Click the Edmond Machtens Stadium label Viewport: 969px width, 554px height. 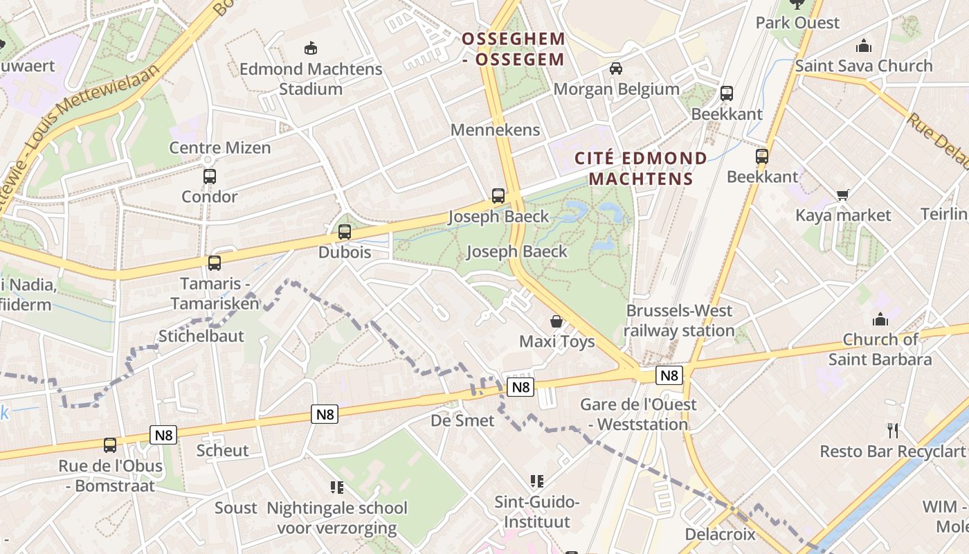(x=311, y=79)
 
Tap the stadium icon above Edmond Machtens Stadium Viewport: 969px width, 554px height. (x=311, y=48)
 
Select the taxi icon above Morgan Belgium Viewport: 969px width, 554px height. (x=616, y=68)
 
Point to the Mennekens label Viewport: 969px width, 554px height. (x=495, y=129)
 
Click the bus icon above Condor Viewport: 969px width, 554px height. (x=210, y=176)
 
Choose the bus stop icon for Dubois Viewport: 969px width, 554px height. (x=345, y=232)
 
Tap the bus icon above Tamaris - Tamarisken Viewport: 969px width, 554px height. (x=215, y=262)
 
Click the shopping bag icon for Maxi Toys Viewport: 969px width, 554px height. (x=556, y=321)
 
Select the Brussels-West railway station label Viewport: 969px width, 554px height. (x=679, y=321)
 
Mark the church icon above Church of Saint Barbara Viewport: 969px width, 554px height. (x=880, y=319)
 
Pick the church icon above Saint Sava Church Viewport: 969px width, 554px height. (x=863, y=46)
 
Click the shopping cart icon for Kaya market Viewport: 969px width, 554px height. (x=842, y=195)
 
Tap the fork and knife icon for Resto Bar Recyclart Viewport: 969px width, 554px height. (x=893, y=431)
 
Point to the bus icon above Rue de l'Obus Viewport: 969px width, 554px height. (x=110, y=445)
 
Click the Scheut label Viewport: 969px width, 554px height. (x=222, y=451)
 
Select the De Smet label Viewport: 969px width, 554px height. (x=462, y=420)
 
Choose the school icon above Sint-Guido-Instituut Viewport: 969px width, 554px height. (x=536, y=481)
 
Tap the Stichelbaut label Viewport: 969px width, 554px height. (x=201, y=336)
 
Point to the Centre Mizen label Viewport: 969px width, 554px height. (x=220, y=148)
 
